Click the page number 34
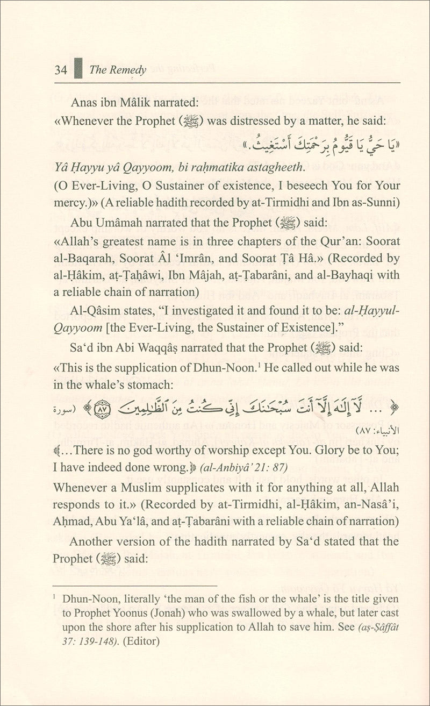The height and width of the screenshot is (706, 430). (x=61, y=70)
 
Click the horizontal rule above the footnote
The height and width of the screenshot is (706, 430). (x=134, y=586)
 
